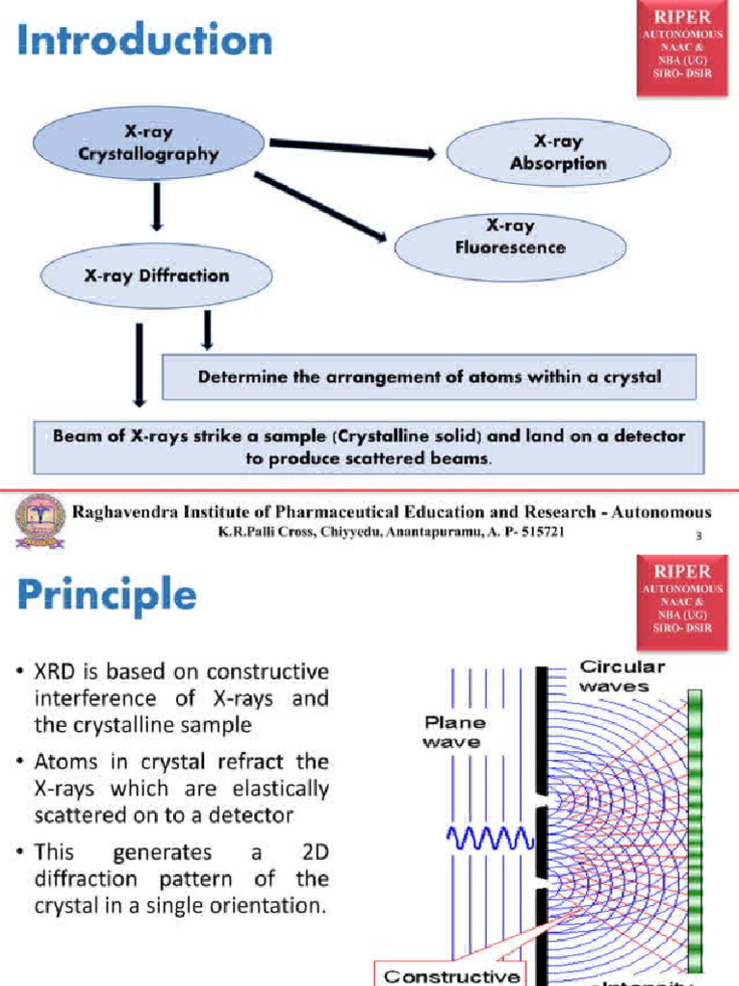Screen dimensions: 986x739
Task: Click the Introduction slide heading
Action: click(x=144, y=41)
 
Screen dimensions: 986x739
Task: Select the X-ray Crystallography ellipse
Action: click(x=149, y=143)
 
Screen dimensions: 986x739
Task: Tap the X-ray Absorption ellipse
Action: click(x=558, y=153)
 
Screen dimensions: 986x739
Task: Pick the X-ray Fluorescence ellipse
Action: click(x=510, y=237)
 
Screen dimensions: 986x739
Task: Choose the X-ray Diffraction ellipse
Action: click(x=157, y=275)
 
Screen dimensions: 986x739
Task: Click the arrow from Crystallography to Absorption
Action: click(x=352, y=148)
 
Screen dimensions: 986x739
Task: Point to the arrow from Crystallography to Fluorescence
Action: click(x=323, y=207)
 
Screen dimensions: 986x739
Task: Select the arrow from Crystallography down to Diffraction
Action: click(x=156, y=206)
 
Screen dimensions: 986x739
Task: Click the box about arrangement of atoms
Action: click(x=429, y=377)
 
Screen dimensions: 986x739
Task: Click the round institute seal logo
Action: click(x=40, y=522)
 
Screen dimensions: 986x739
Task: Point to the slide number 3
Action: click(x=698, y=536)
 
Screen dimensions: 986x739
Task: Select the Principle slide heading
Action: click(x=107, y=594)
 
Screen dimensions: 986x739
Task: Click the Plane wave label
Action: click(x=455, y=731)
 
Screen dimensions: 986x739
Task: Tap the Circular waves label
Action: click(x=622, y=676)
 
